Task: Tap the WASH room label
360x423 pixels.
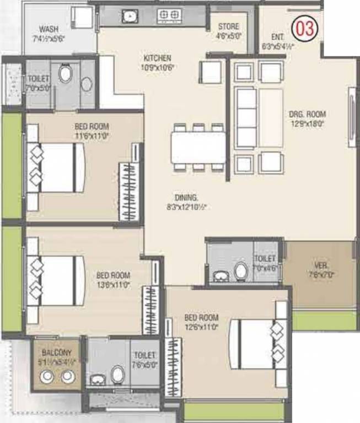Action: pos(49,29)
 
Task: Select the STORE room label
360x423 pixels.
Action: pos(228,26)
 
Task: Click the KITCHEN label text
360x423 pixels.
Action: pos(157,58)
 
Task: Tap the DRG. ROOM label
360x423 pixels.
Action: pos(308,115)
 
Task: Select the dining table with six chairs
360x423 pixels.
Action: pos(198,147)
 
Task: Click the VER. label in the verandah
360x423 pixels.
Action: pos(316,265)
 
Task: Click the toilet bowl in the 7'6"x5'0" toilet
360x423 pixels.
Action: pos(117,376)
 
